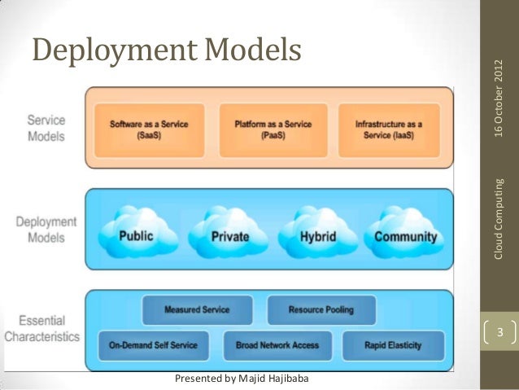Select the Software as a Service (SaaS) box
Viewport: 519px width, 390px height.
(149, 129)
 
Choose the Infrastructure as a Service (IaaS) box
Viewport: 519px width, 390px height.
(389, 129)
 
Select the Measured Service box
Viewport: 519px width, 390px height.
(197, 310)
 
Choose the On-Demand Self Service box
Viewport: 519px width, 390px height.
(153, 345)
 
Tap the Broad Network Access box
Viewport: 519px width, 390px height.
(277, 345)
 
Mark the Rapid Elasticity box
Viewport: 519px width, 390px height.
(394, 345)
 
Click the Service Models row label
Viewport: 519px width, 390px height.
(47, 128)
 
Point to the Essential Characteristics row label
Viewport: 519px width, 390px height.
(41, 328)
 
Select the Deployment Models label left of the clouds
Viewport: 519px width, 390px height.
(46, 229)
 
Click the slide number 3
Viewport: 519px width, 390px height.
(501, 333)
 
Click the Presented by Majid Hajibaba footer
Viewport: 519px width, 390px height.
(242, 379)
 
